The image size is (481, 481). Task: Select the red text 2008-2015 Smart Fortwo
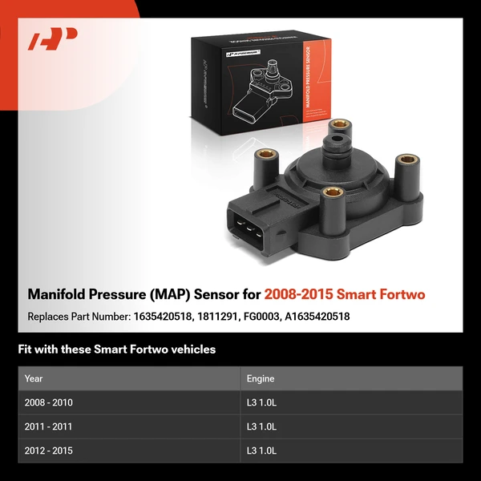tap(345, 294)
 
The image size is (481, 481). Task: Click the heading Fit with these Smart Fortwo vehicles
tap(116, 349)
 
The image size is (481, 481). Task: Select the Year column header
tap(34, 378)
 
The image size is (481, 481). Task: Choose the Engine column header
tap(261, 378)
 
